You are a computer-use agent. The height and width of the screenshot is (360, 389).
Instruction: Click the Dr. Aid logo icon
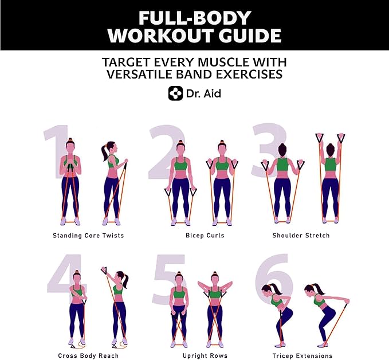(176, 93)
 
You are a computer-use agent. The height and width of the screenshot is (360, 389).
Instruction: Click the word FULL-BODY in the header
(195, 18)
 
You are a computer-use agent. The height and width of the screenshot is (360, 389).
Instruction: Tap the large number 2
(167, 152)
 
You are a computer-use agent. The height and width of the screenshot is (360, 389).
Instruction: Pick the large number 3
(269, 150)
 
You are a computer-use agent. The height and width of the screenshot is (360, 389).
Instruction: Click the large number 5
(169, 279)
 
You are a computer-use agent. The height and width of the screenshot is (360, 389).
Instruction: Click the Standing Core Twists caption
(88, 236)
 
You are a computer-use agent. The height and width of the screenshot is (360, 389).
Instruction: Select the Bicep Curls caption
(205, 236)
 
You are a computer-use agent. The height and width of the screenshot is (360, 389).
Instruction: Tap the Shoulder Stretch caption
(301, 236)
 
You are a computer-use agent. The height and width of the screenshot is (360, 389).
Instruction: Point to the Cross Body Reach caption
(88, 356)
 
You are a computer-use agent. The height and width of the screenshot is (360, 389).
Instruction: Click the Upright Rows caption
(205, 356)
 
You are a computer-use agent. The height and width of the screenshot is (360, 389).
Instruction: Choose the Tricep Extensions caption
(302, 356)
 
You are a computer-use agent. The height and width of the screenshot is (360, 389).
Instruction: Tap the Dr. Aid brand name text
(203, 93)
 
